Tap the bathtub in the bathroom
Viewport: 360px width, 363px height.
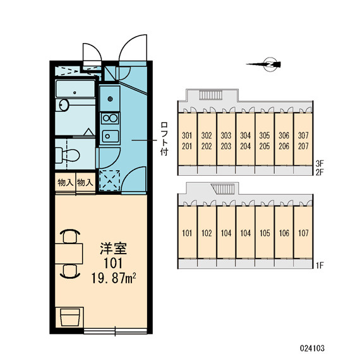coord(75,89)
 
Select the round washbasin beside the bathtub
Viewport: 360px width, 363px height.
coord(64,105)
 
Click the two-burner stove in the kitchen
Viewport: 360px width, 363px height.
coord(110,118)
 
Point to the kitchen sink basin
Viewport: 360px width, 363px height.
coord(111,136)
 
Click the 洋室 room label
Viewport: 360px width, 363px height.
coord(113,249)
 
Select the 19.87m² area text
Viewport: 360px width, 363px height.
coord(113,278)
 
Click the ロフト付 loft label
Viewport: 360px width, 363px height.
coord(164,138)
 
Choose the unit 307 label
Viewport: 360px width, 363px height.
coord(303,135)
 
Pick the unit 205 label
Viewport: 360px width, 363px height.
coord(265,146)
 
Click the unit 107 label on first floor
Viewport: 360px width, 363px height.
coord(303,233)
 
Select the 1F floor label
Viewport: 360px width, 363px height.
coord(320,266)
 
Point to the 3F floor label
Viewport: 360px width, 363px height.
coord(320,164)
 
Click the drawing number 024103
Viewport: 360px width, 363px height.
coord(312,348)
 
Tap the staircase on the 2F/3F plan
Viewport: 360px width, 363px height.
coord(211,95)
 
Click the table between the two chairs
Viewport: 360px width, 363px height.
coord(69,254)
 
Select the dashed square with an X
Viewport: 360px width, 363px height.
coord(110,181)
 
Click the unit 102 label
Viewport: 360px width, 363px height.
coord(207,233)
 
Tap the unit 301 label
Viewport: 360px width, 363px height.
coord(187,135)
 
